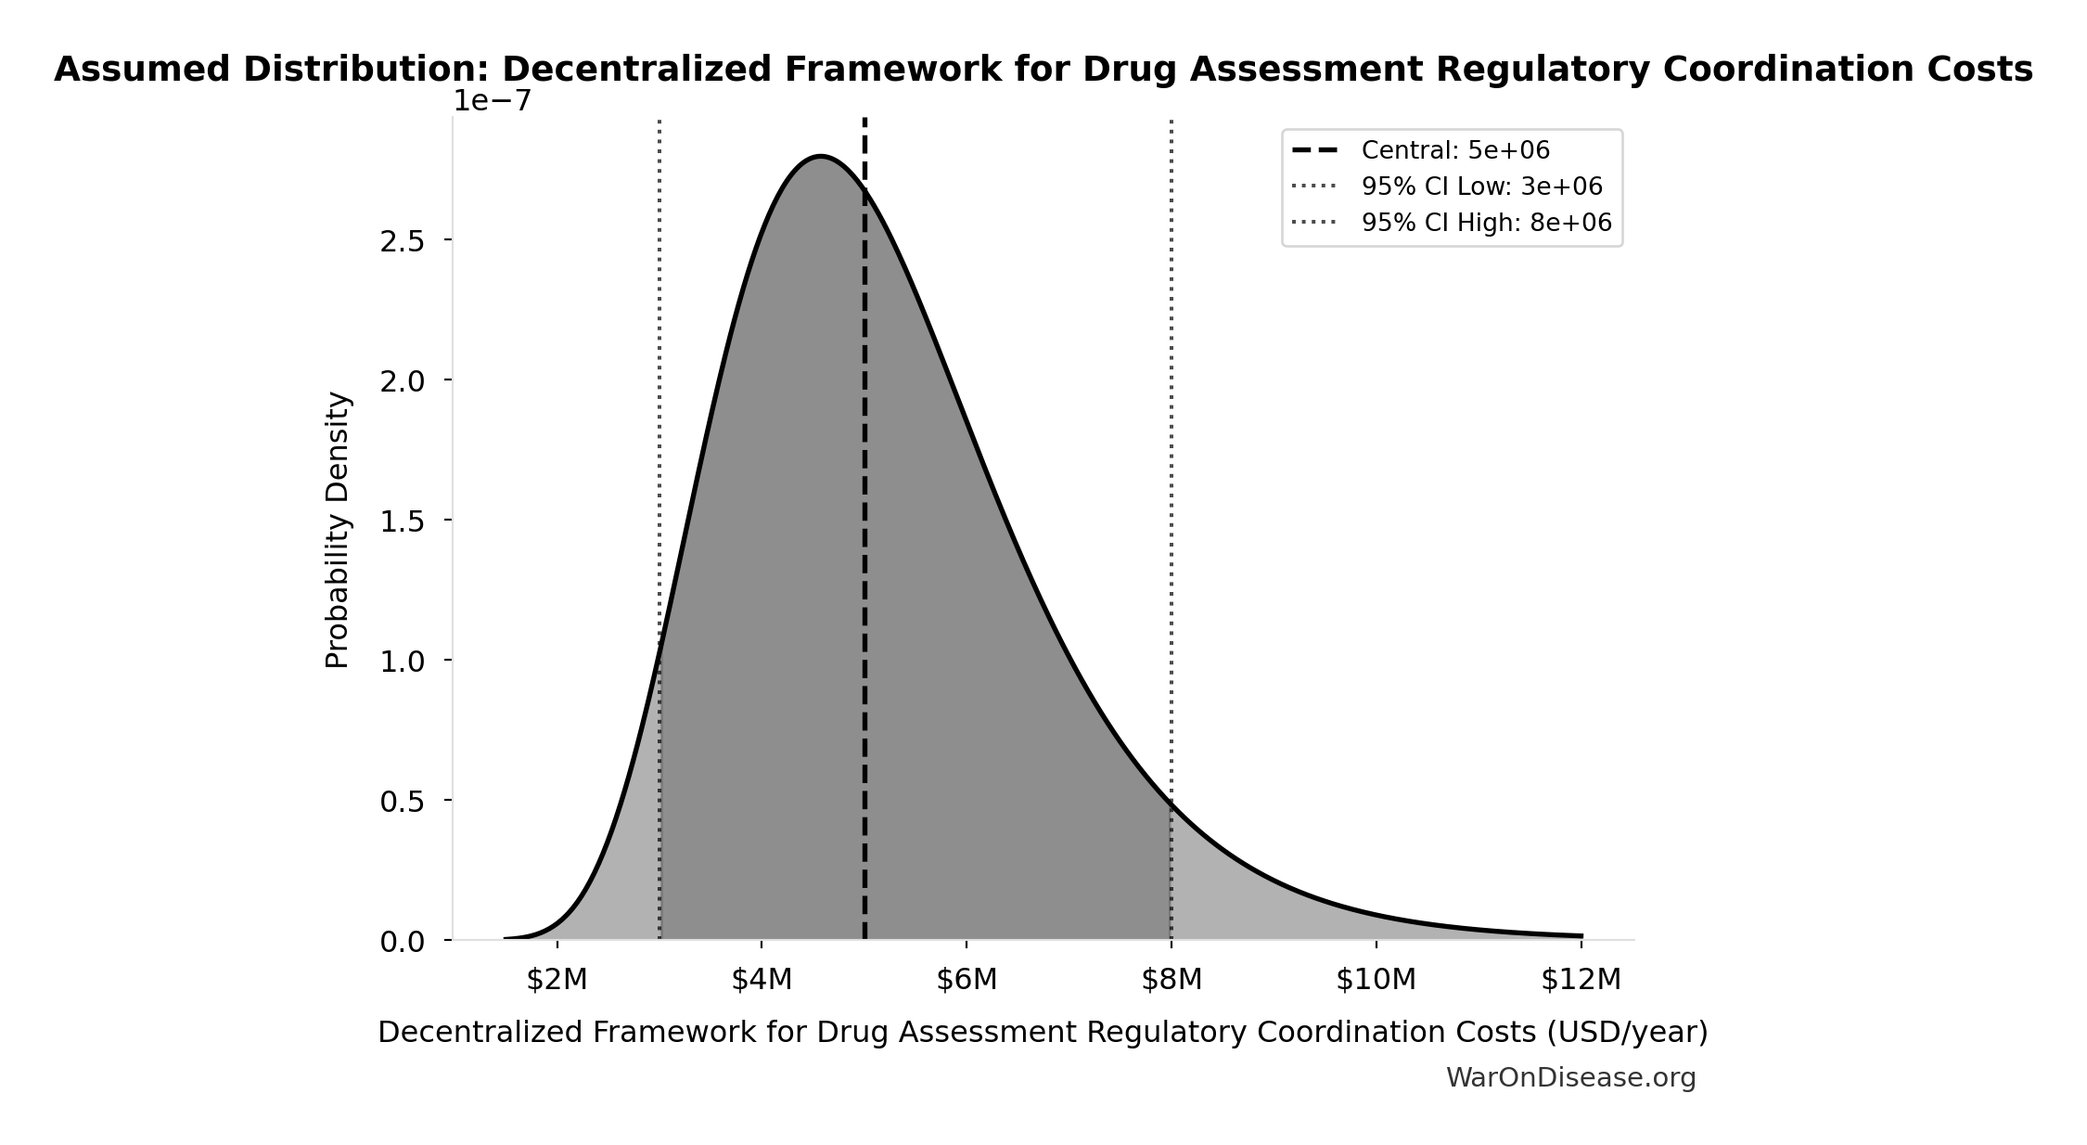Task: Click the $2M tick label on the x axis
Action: [557, 980]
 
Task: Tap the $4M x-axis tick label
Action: [762, 980]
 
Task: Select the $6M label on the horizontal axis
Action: [967, 980]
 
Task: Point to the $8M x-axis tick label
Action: [1172, 980]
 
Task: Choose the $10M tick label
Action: [1376, 980]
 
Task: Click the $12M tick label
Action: [1581, 980]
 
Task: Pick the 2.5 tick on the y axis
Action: [402, 241]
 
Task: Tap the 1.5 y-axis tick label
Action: [402, 521]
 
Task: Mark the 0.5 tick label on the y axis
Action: [402, 802]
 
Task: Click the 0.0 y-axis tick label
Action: [402, 942]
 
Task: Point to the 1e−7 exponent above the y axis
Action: [492, 100]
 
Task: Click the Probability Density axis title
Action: [338, 530]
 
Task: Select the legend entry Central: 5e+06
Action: [1454, 150]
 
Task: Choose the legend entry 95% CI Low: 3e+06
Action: [1481, 187]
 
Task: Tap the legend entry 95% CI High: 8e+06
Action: [1486, 223]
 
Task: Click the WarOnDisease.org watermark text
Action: [1570, 1078]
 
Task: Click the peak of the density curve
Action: [821, 156]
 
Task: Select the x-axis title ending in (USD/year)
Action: [1043, 1033]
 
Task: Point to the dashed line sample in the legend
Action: [1314, 150]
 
